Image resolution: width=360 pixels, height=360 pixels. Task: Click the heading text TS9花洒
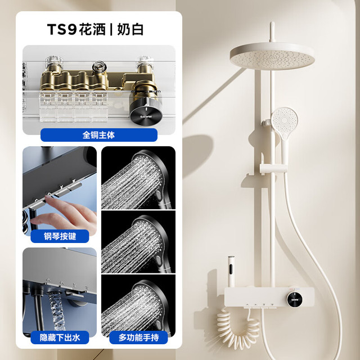(76, 29)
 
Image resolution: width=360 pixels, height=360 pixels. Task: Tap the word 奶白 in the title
(130, 29)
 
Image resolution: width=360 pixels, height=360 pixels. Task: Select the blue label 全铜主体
(99, 135)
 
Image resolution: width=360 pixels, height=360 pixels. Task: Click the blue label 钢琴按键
(60, 236)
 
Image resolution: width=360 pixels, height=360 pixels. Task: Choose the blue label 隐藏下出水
(60, 337)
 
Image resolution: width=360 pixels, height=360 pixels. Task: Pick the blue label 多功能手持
(138, 337)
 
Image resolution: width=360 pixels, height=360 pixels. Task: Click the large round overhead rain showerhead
(272, 56)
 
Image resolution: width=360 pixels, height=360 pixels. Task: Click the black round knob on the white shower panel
(294, 299)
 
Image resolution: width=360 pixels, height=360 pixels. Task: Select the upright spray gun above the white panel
(231, 271)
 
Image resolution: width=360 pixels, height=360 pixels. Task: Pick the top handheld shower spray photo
(138, 178)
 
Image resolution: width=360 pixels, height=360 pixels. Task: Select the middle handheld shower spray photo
(138, 242)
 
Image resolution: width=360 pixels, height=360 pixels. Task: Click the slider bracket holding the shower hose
(273, 168)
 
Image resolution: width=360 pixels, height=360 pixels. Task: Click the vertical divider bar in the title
(111, 30)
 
